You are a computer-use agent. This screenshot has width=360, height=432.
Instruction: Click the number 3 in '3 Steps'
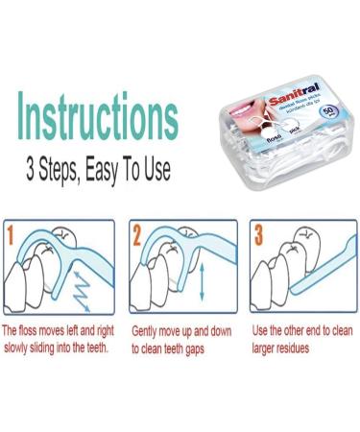point(33,171)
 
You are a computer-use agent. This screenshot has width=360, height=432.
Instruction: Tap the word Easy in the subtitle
point(106,171)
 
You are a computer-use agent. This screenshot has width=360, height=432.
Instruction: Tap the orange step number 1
point(12,233)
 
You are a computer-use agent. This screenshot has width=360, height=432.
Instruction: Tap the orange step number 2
point(136,233)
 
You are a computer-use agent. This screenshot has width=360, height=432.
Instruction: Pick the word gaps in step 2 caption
point(213,349)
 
